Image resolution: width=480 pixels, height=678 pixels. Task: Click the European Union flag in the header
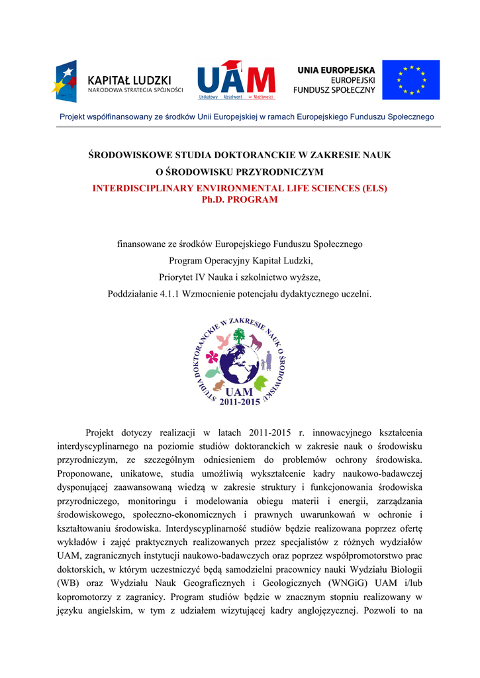click(x=410, y=79)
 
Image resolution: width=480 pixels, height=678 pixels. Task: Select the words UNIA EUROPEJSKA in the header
click(x=336, y=70)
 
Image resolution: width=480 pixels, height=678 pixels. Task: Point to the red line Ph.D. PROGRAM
click(x=239, y=199)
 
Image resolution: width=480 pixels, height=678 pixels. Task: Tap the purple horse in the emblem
click(x=256, y=342)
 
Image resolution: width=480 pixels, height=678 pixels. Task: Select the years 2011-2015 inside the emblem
click(x=240, y=401)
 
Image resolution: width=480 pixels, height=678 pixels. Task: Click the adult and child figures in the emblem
click(x=266, y=362)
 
